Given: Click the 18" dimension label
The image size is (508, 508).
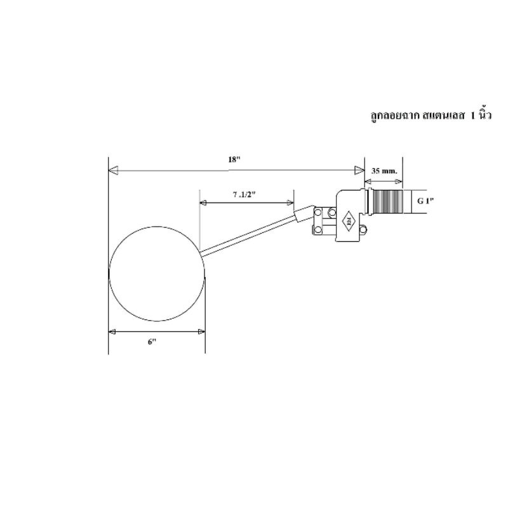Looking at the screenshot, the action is pyautogui.click(x=234, y=159).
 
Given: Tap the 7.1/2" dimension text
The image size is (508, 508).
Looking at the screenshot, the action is pyautogui.click(x=244, y=194).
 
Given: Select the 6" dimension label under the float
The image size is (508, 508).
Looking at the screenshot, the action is pyautogui.click(x=152, y=342).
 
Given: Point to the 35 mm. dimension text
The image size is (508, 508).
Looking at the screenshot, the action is pyautogui.click(x=384, y=171).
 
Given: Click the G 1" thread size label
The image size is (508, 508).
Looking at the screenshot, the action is pyautogui.click(x=425, y=201).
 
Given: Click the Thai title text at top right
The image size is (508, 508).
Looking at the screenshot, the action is pyautogui.click(x=431, y=115).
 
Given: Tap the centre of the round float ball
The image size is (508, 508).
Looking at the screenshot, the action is pyautogui.click(x=157, y=274).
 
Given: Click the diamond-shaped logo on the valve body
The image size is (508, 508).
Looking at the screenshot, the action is pyautogui.click(x=349, y=221).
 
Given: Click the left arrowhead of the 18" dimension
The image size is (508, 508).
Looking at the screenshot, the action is pyautogui.click(x=113, y=170).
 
